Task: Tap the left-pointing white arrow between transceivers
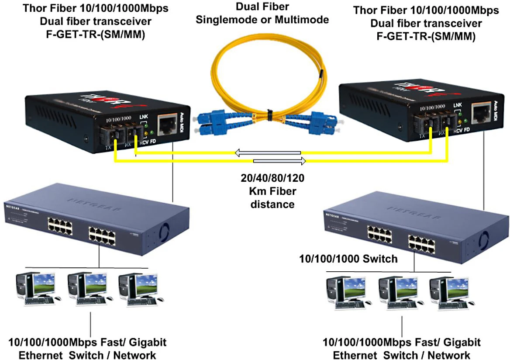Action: [267, 153]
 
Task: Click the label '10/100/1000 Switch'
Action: [348, 259]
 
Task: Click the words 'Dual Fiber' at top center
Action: [262, 7]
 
